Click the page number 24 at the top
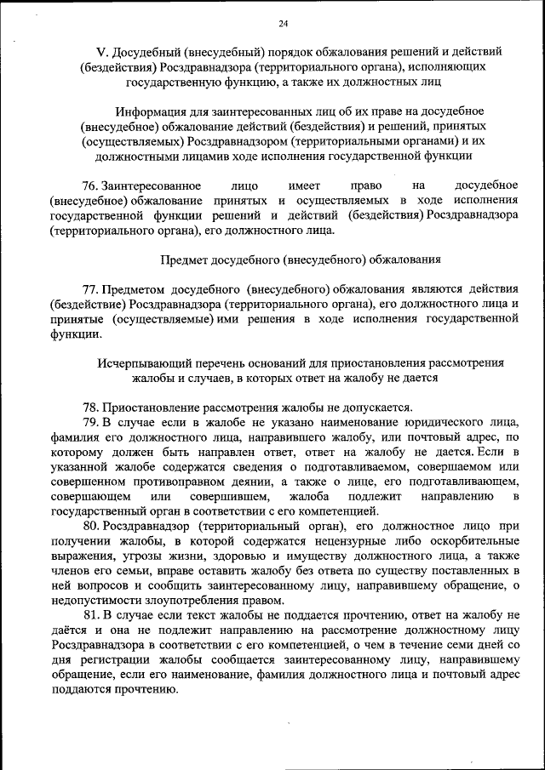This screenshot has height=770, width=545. coord(284,23)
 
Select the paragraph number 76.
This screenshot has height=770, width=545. coord(90,185)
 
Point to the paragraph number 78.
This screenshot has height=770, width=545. coord(90,407)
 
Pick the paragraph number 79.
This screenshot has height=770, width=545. coord(90,422)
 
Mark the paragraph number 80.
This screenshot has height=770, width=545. coord(90,527)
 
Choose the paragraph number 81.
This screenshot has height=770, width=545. coord(90,615)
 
